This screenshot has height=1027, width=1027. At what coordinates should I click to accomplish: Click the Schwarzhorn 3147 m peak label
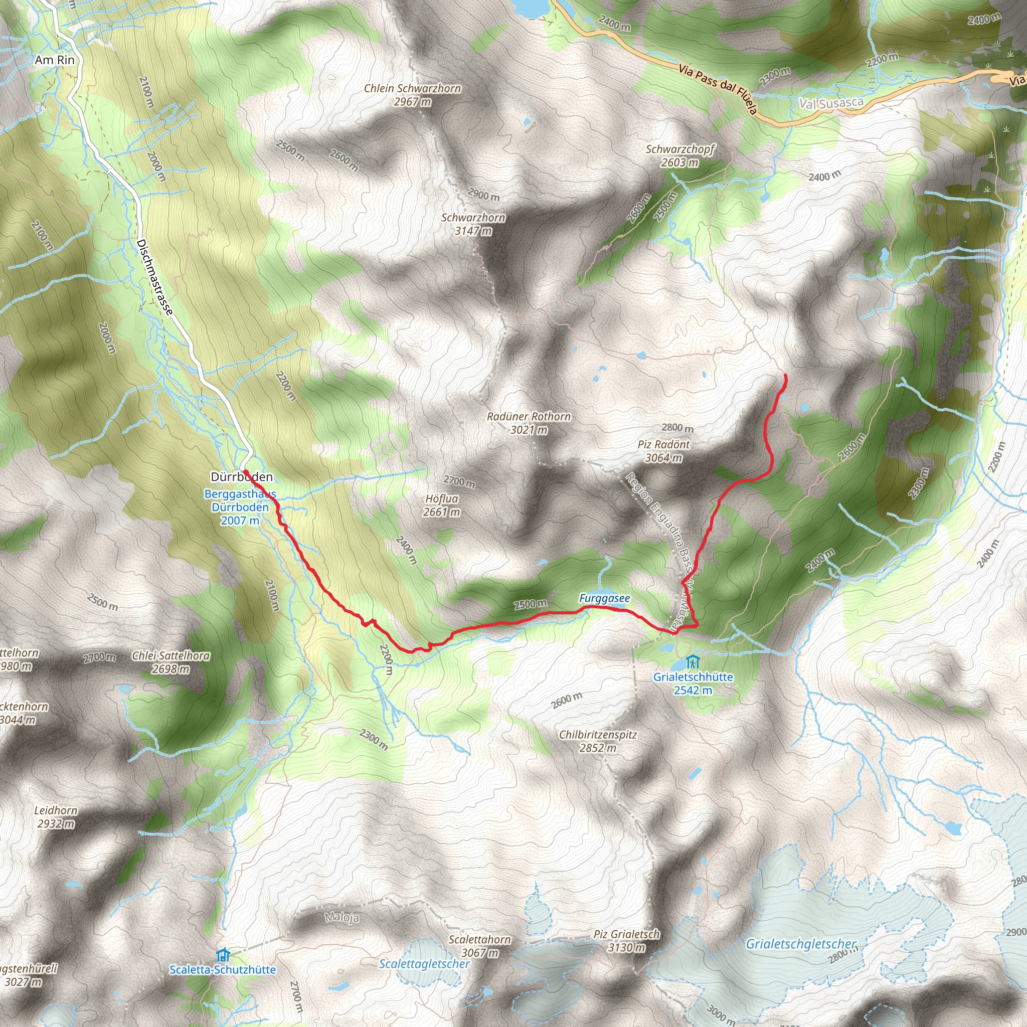point(472,224)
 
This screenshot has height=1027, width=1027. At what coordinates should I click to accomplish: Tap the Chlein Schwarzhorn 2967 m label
point(413,95)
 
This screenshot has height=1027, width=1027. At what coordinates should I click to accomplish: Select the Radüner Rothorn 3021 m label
point(529,423)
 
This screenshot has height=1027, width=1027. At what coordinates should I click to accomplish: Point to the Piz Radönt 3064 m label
point(663,451)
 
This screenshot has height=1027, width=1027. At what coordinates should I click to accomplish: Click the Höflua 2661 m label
point(441,505)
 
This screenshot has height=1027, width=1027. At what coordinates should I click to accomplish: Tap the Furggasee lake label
point(604,599)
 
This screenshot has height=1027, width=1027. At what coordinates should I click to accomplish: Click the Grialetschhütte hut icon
point(692,662)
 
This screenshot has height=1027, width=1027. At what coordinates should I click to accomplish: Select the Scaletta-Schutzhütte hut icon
point(223,955)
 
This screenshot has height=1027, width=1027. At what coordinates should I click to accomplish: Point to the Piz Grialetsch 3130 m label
point(627,940)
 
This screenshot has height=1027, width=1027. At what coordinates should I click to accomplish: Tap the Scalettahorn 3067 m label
point(479,946)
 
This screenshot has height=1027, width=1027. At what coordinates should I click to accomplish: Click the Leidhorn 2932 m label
point(56,817)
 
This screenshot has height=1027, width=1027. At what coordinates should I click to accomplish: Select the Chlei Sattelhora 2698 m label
point(170,662)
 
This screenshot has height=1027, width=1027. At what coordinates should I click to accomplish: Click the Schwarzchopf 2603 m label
point(680,156)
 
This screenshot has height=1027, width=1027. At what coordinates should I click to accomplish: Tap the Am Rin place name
point(55,60)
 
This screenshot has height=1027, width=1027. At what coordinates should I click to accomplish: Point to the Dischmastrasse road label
point(154,277)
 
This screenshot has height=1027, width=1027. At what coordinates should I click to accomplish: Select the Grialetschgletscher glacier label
point(801,944)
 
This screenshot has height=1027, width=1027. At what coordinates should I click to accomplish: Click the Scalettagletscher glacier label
point(424,964)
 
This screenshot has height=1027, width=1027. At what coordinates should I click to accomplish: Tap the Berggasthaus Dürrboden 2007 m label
point(240,507)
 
